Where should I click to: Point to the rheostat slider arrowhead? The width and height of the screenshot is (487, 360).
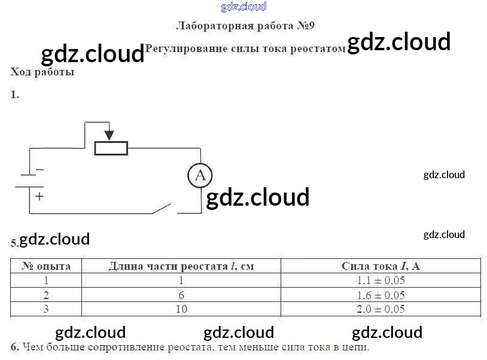click(x=109, y=135)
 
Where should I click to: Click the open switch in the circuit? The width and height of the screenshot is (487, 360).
click(x=162, y=209)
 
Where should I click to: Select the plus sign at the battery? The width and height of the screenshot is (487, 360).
click(x=39, y=196)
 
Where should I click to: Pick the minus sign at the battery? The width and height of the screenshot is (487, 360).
click(x=39, y=169)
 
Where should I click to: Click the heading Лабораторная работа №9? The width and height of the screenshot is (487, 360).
click(x=245, y=26)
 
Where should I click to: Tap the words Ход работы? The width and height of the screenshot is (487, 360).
click(x=42, y=72)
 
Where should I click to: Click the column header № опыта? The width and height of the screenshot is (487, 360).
click(x=46, y=266)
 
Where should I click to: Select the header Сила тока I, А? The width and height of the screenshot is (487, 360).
click(x=381, y=266)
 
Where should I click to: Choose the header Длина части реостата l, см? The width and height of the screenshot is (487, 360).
click(x=181, y=266)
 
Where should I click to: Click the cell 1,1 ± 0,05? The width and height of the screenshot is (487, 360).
click(x=381, y=280)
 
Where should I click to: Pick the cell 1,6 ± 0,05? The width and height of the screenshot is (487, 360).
click(x=381, y=295)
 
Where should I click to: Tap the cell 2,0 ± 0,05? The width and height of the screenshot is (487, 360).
click(x=381, y=309)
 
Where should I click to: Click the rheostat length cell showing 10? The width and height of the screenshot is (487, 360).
click(x=181, y=309)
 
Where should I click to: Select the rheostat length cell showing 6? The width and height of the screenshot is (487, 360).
click(x=181, y=295)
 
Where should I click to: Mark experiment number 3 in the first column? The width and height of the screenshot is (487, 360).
click(x=46, y=309)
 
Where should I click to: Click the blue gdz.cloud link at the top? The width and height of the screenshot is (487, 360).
click(x=244, y=7)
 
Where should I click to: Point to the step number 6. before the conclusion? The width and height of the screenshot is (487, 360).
click(x=14, y=347)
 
